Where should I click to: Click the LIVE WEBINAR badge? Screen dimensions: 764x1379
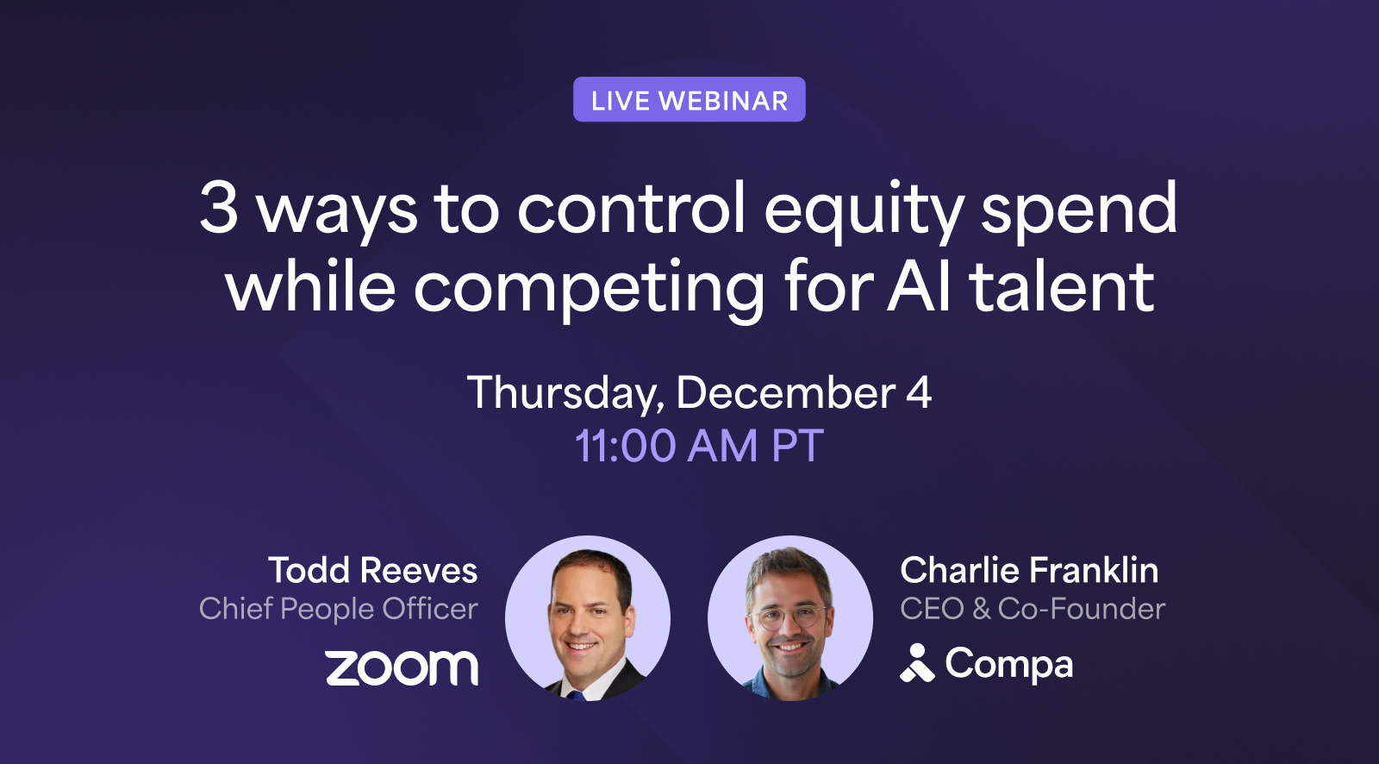coord(689,100)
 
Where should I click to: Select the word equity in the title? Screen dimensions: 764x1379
coord(864,210)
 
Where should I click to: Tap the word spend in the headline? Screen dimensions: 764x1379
coord(1079,210)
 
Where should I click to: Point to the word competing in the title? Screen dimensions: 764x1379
coord(589,290)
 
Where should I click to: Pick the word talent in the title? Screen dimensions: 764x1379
coord(1062,286)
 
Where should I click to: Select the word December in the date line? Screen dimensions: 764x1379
coord(785,393)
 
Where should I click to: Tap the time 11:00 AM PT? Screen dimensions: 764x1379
coord(699,446)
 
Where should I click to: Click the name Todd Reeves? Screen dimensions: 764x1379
coord(372,570)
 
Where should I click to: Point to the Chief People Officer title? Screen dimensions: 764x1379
coord(338,609)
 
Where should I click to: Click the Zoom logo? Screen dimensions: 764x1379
coord(402,668)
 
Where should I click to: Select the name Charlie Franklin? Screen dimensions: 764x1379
coord(1029,570)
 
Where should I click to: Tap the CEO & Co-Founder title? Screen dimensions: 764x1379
coord(1033,609)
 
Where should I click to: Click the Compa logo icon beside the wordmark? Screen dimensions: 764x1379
coord(917,663)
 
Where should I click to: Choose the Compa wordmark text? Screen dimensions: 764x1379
coord(1009,665)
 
